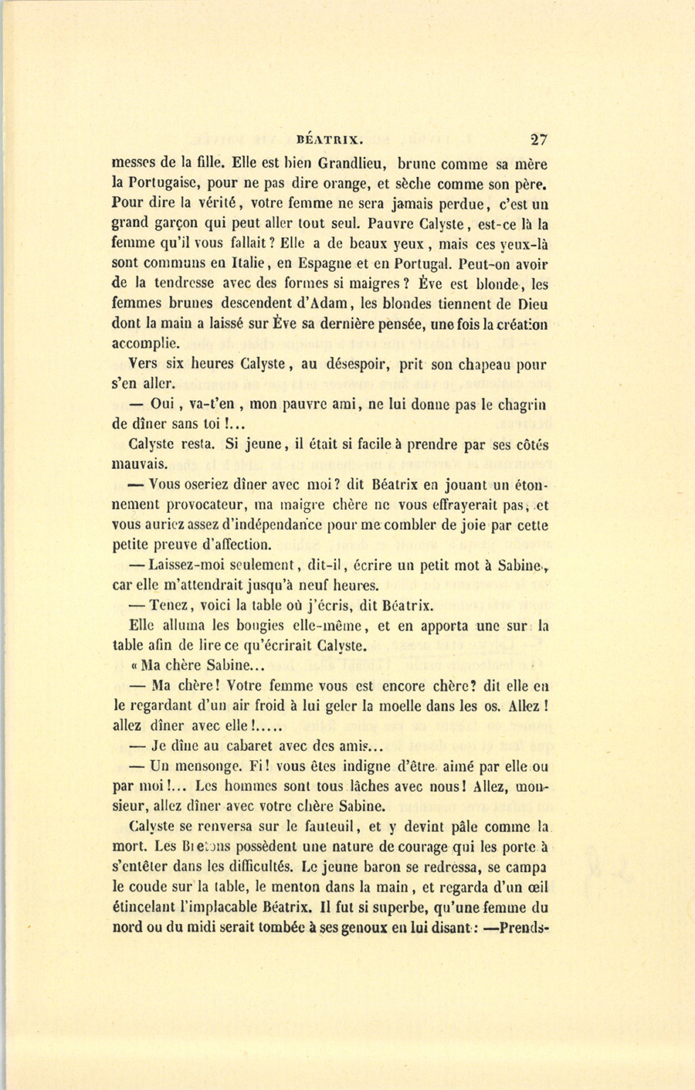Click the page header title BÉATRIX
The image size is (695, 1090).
330,141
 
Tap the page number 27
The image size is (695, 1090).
538,140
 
